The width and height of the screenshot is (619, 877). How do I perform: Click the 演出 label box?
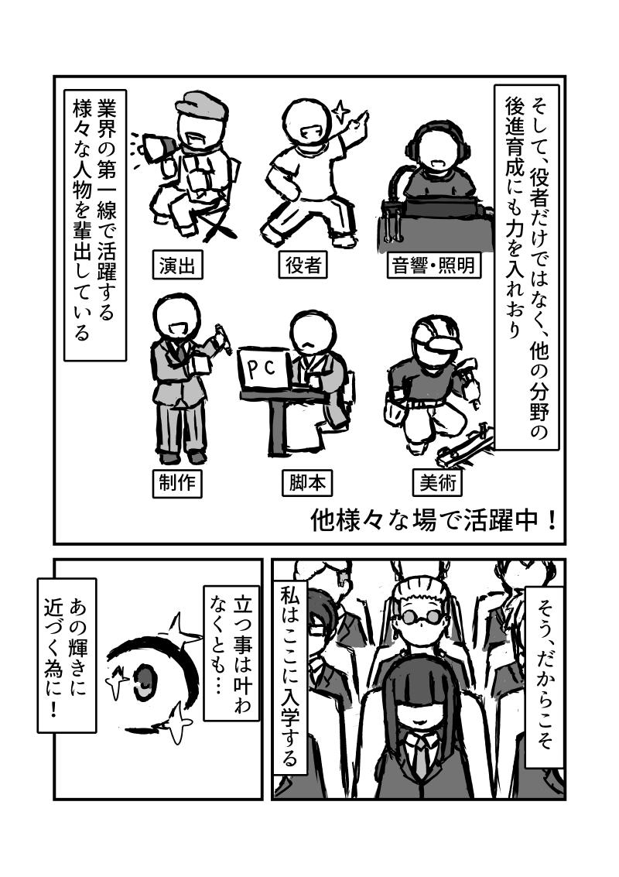point(176,265)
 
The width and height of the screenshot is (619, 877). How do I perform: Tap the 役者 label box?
point(303,265)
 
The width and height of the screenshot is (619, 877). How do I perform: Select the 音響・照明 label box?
point(434,265)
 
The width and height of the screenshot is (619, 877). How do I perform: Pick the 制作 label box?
point(176,483)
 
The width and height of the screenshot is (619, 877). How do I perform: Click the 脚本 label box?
point(307,483)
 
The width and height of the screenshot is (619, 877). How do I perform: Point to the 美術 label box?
point(438,483)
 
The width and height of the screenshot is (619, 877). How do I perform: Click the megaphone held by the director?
point(156,148)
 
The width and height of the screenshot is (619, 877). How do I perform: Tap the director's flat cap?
point(201,104)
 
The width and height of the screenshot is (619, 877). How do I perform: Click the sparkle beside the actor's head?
point(340,110)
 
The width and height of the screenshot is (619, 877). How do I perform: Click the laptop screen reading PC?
point(262,370)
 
